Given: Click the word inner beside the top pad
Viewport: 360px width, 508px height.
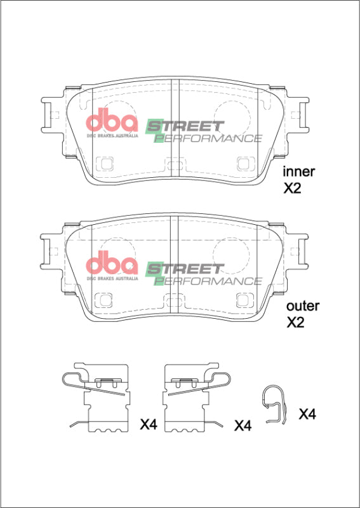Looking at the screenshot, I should tap(299, 171).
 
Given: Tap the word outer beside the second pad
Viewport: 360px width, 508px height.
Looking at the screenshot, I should tap(302, 306).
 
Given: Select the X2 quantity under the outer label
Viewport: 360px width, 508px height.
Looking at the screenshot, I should tap(296, 323).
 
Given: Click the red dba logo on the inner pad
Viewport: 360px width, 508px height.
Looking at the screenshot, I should tap(112, 123).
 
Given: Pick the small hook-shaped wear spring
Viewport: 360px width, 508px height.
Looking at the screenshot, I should tap(275, 404).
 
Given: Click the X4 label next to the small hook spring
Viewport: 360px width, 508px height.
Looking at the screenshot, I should tap(307, 415).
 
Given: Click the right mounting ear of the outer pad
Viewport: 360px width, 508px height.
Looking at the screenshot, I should tap(299, 249).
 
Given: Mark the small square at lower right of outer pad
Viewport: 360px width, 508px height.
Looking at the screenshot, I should tap(243, 299).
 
